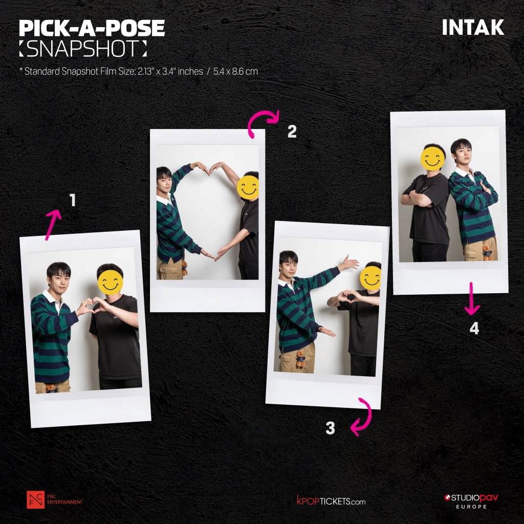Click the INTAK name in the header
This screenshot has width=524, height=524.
pyautogui.click(x=473, y=28)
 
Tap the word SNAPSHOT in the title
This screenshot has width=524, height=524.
pyautogui.click(x=83, y=49)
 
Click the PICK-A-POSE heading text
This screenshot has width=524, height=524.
pyautogui.click(x=92, y=28)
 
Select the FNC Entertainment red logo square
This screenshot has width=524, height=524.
pyautogui.click(x=35, y=499)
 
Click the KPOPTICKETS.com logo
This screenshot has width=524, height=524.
pyautogui.click(x=331, y=501)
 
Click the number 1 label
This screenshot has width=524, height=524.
pyautogui.click(x=73, y=201)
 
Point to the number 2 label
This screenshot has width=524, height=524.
pyautogui.click(x=292, y=132)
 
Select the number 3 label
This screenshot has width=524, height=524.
pyautogui.click(x=330, y=428)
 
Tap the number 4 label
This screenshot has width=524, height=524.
pyautogui.click(x=474, y=329)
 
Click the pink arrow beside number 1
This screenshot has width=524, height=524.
pyautogui.click(x=53, y=224)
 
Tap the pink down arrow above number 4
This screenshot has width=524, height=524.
pyautogui.click(x=471, y=298)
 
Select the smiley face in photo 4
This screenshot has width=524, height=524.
pyautogui.click(x=432, y=159)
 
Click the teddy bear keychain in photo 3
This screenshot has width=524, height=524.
pyautogui.click(x=300, y=359)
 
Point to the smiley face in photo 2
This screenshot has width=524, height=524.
pyautogui.click(x=248, y=187)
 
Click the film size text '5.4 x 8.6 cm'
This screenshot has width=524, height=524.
pyautogui.click(x=235, y=71)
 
